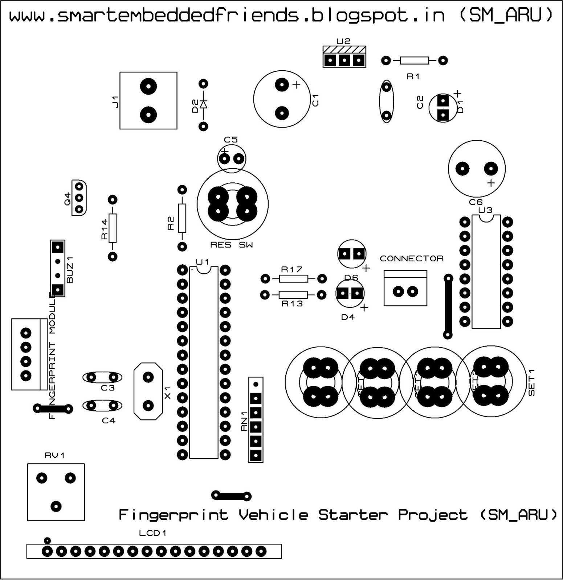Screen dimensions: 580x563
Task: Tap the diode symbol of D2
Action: pos(203,105)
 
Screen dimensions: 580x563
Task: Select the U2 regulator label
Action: pos(343,41)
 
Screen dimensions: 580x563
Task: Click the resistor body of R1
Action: pos(414,61)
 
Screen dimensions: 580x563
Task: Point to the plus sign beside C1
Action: pos(296,85)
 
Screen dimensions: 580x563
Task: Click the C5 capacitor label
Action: pos(230,140)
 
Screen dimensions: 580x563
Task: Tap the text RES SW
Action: pos(232,245)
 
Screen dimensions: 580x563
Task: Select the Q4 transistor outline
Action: pos(79,198)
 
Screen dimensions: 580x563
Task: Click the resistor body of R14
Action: pos(113,228)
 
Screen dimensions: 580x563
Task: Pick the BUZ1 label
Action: pos(70,270)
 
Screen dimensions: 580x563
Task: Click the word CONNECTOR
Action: pos(412,258)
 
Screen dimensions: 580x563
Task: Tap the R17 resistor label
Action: pos(292,269)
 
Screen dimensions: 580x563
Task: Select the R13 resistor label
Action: pos(292,304)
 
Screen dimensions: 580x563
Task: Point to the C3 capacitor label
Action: pos(108,388)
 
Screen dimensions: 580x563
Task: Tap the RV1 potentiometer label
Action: pos(54,456)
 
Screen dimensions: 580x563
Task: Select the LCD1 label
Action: pos(153,533)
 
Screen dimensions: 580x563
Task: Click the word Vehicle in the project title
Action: pos(273,515)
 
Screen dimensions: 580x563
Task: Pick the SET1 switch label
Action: pos(532,382)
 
